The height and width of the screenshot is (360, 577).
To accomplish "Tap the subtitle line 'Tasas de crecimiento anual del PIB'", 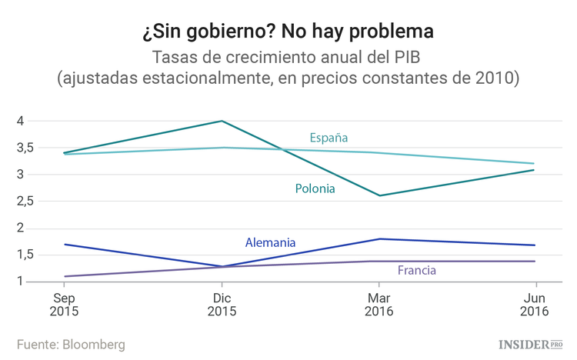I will (x=288, y=58).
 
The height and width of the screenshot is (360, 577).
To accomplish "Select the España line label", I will (x=329, y=138).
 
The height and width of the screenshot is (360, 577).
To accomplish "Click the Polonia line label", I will (x=315, y=188).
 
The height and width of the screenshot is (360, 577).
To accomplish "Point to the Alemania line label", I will (x=270, y=242).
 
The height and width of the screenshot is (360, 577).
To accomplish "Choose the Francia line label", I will (x=417, y=270).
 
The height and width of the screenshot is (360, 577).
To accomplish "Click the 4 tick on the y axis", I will (x=22, y=121).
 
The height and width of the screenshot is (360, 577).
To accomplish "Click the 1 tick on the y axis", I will (x=22, y=282).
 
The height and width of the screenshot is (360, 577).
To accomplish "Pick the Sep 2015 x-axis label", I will (x=64, y=304).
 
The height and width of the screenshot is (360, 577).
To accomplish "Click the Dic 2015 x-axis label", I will (x=222, y=304).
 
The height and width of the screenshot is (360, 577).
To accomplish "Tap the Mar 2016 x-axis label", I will (x=379, y=304).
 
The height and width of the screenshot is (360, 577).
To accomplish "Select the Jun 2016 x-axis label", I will (x=534, y=304).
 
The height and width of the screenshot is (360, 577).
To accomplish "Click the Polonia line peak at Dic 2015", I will (x=222, y=121).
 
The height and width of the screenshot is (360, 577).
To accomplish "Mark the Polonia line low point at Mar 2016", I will (x=379, y=195).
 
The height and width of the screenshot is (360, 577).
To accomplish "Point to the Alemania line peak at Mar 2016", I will (x=379, y=238).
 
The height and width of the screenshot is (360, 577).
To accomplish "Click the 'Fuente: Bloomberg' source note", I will (x=71, y=344).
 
